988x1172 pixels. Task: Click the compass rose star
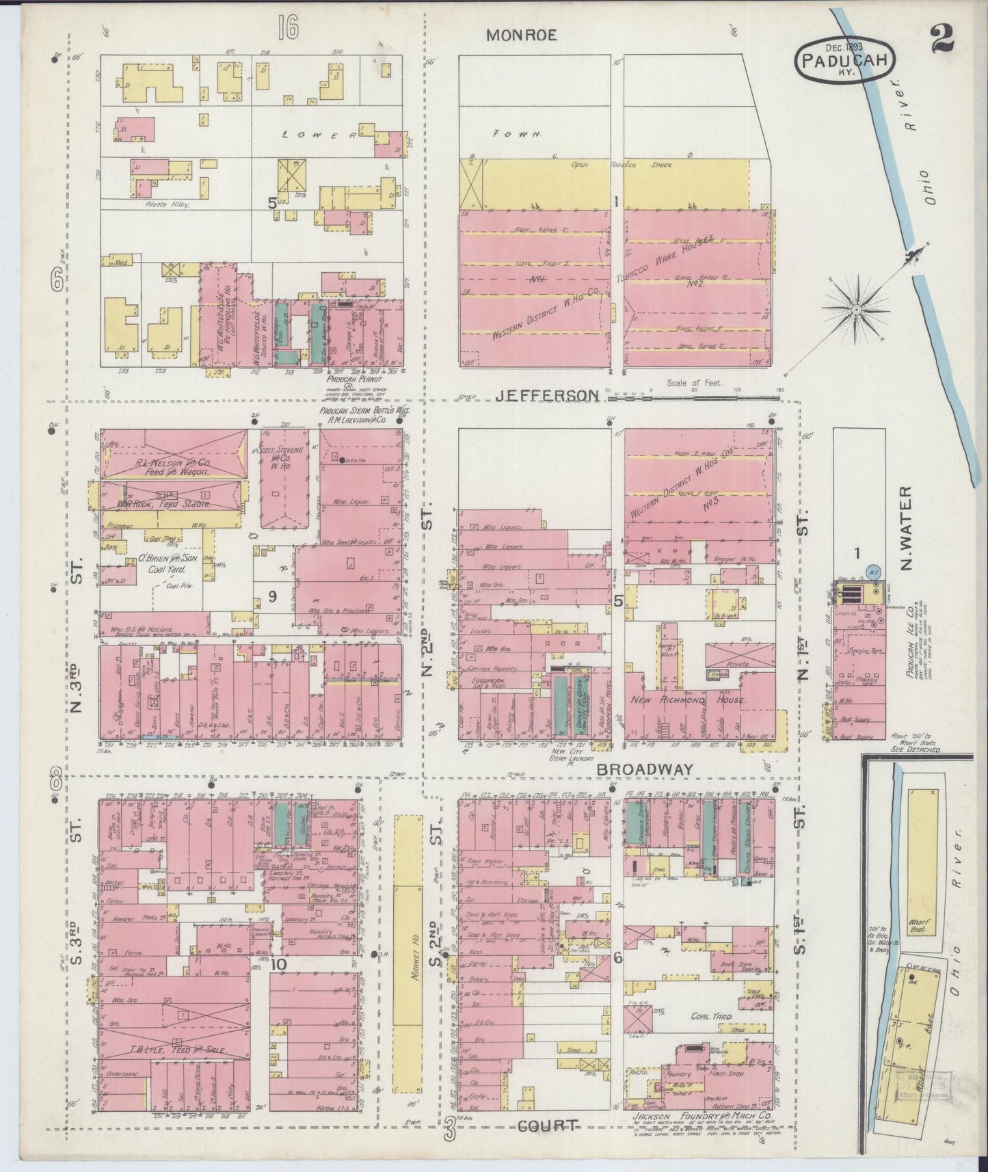pyautogui.click(x=855, y=310)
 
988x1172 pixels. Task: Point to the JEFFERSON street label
pyautogui.click(x=547, y=395)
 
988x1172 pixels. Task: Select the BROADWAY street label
pyautogui.click(x=645, y=769)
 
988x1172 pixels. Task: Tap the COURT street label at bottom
pyautogui.click(x=548, y=1125)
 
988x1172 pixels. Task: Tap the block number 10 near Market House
pyautogui.click(x=278, y=964)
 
